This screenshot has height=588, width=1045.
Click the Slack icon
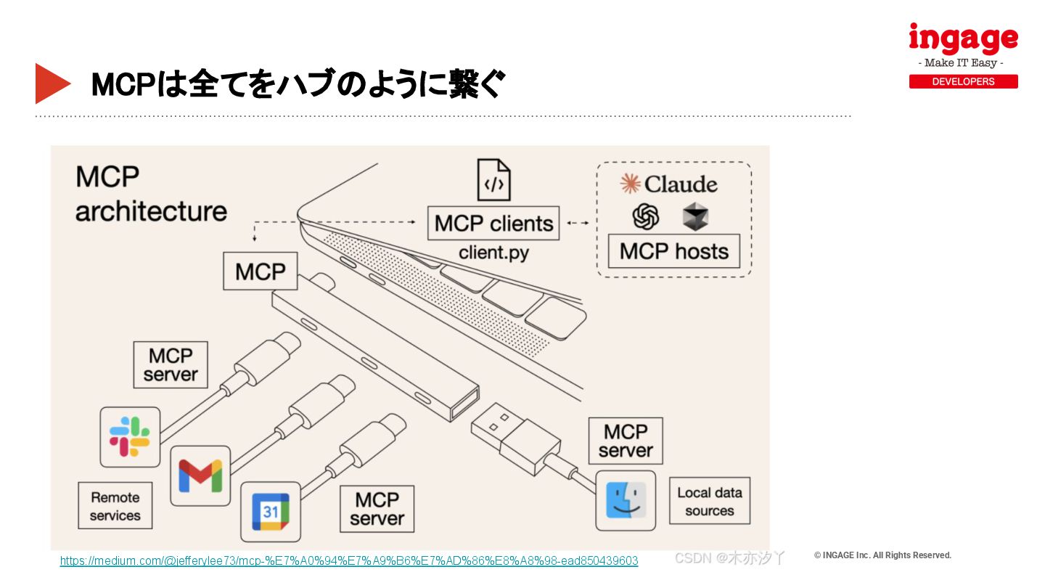(130, 436)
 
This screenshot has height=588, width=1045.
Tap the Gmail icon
(200, 475)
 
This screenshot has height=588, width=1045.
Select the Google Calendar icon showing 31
(270, 511)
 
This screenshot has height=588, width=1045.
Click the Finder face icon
(626, 500)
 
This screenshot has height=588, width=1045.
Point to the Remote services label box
(115, 506)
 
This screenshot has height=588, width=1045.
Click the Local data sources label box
(709, 501)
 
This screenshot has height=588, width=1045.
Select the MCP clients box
(493, 224)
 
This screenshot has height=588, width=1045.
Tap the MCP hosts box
(673, 251)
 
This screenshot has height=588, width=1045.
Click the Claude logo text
(668, 184)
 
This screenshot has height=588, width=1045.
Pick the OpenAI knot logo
(645, 216)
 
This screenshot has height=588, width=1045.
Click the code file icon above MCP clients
(493, 179)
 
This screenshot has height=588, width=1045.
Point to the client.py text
(493, 253)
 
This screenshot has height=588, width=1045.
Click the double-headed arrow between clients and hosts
(578, 223)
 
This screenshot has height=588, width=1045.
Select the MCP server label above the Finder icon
(626, 441)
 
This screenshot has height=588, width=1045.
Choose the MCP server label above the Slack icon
(171, 365)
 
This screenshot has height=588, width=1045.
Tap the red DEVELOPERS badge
(963, 81)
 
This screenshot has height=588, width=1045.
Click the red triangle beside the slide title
(51, 83)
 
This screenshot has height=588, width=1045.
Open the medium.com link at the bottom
(349, 560)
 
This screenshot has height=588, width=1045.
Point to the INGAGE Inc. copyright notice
(882, 555)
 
